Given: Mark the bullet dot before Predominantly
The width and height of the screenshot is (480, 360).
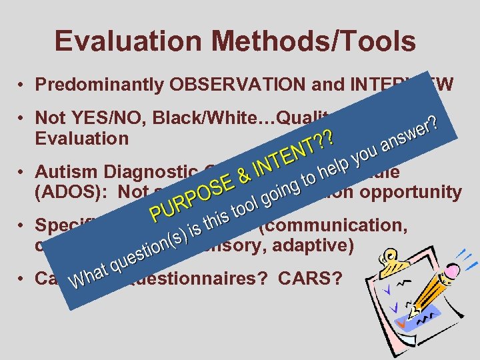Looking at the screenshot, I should (23, 86).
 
